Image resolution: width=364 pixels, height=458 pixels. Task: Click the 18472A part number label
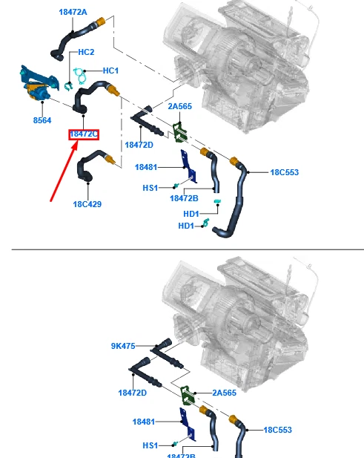coord(73,13)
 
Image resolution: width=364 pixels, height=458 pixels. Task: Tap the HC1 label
coord(110,71)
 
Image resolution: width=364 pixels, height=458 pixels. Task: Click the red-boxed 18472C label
coord(84,134)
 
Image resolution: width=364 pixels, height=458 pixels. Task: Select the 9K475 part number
coord(123,345)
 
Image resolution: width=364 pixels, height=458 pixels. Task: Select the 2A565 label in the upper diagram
coord(179,106)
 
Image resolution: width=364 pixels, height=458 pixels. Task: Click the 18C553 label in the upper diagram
coord(284,172)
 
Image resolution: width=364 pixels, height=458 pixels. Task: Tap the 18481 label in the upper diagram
coord(146,168)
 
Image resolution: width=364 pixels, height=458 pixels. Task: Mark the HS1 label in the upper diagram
coord(150,188)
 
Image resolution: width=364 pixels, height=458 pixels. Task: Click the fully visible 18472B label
coord(183,198)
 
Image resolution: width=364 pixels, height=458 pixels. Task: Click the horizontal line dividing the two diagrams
coord(182,249)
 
